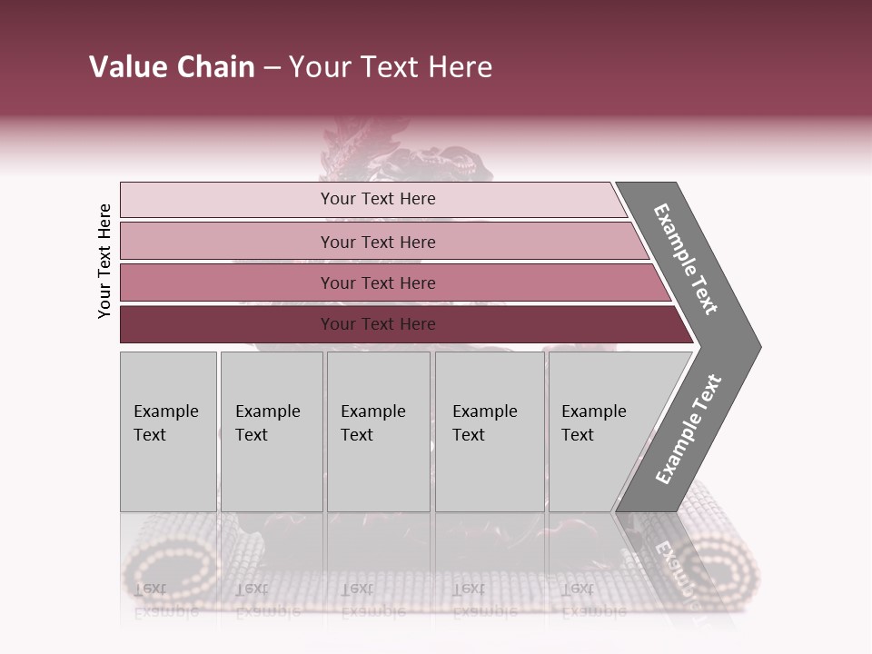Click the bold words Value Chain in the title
(172, 67)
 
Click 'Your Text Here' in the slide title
(391, 67)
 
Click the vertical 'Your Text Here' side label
(105, 261)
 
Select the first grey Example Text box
(168, 431)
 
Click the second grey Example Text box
(272, 431)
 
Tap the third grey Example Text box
(378, 431)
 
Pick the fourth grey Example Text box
(490, 431)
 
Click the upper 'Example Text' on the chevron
(686, 260)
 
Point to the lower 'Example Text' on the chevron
(689, 429)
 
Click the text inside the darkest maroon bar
(378, 324)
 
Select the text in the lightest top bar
(378, 199)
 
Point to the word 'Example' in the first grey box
(165, 411)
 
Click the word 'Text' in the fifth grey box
(578, 435)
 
